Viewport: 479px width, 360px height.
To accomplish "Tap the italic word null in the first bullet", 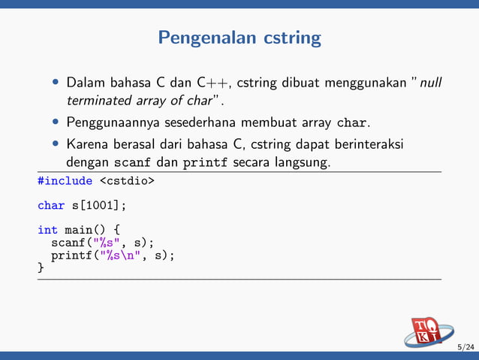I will coord(430,82).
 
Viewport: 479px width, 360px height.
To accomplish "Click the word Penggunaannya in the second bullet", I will coord(110,122).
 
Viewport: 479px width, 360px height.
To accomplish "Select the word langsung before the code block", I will coord(305,162).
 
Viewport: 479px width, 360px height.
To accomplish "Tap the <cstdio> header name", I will coord(127,180).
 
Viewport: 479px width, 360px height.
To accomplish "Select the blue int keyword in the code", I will coord(47,229).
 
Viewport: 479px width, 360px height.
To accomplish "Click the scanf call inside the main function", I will coord(102,242).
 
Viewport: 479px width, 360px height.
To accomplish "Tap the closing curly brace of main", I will coord(41,267).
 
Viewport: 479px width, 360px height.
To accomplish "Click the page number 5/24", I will coord(466,347).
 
